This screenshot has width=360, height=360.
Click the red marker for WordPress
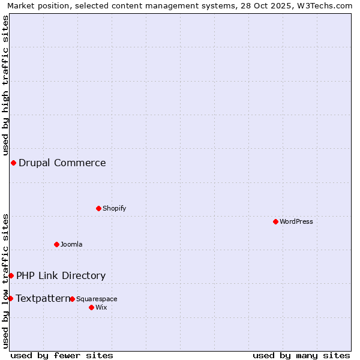pyautogui.click(x=275, y=221)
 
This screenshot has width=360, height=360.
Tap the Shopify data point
pyautogui.click(x=98, y=208)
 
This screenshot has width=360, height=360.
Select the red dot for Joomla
pyautogui.click(x=56, y=244)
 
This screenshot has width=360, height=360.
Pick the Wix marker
pyautogui.click(x=91, y=307)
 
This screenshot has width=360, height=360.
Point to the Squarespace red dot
pyautogui.click(x=72, y=299)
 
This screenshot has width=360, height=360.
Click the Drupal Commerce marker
pyautogui.click(x=13, y=163)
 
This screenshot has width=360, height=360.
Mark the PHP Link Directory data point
pyautogui.click(x=11, y=275)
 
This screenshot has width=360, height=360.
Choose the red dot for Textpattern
pyautogui.click(x=10, y=298)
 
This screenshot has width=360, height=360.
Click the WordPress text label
pyautogui.click(x=296, y=221)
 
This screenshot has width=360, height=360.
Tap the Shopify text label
pyautogui.click(x=114, y=208)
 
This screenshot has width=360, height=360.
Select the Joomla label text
pyautogui.click(x=71, y=244)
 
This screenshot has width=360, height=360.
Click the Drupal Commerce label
pyautogui.click(x=62, y=163)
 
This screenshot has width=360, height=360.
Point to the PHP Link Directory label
pyautogui.click(x=61, y=275)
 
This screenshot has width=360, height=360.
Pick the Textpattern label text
pyautogui.click(x=43, y=298)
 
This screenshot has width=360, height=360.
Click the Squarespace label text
pyautogui.click(x=97, y=299)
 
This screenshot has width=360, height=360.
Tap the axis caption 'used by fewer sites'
pyautogui.click(x=62, y=355)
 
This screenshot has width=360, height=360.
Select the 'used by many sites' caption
pyautogui.click(x=301, y=355)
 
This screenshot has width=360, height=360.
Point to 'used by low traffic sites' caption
pyautogui.click(x=5, y=281)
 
